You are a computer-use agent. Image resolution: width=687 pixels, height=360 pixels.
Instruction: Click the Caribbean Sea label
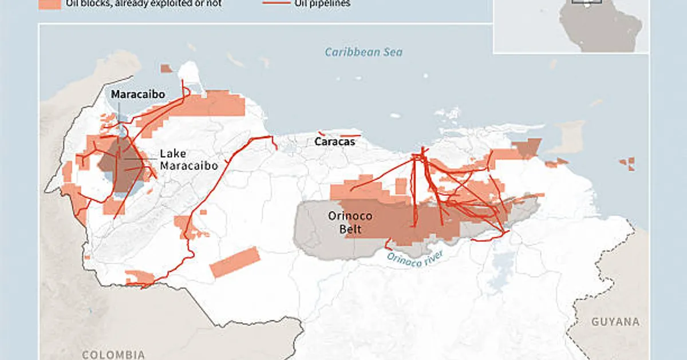pyautogui.click(x=364, y=52)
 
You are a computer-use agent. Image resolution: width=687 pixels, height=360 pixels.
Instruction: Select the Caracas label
pyautogui.click(x=334, y=141)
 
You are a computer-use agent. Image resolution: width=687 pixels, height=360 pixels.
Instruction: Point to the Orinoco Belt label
pyautogui.click(x=350, y=223)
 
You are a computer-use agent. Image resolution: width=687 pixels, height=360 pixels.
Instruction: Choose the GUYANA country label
pyautogui.click(x=615, y=322)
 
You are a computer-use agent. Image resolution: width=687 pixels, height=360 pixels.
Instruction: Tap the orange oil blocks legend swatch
pyautogui.click(x=50, y=3)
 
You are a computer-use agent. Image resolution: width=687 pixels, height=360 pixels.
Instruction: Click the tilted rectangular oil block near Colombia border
pyautogui.click(x=235, y=262)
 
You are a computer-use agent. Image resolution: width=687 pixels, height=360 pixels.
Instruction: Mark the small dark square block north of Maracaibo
pyautogui.click(x=166, y=69)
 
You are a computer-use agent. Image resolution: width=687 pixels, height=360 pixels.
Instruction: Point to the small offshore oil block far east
pyautogui.click(x=628, y=164)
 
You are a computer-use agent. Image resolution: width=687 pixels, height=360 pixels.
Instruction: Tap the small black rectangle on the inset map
pyautogui.click(x=586, y=2)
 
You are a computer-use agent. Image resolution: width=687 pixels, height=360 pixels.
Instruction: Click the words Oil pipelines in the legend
pyautogui.click(x=323, y=3)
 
